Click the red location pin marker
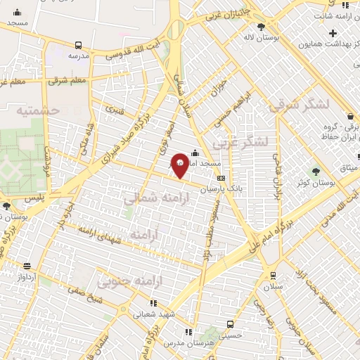[x=180, y=165]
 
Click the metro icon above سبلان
[x=272, y=276]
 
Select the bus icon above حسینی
[x=230, y=324]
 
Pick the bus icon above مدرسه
[x=75, y=44]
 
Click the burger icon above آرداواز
[x=27, y=266]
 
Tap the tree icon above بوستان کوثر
[x=314, y=172]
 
